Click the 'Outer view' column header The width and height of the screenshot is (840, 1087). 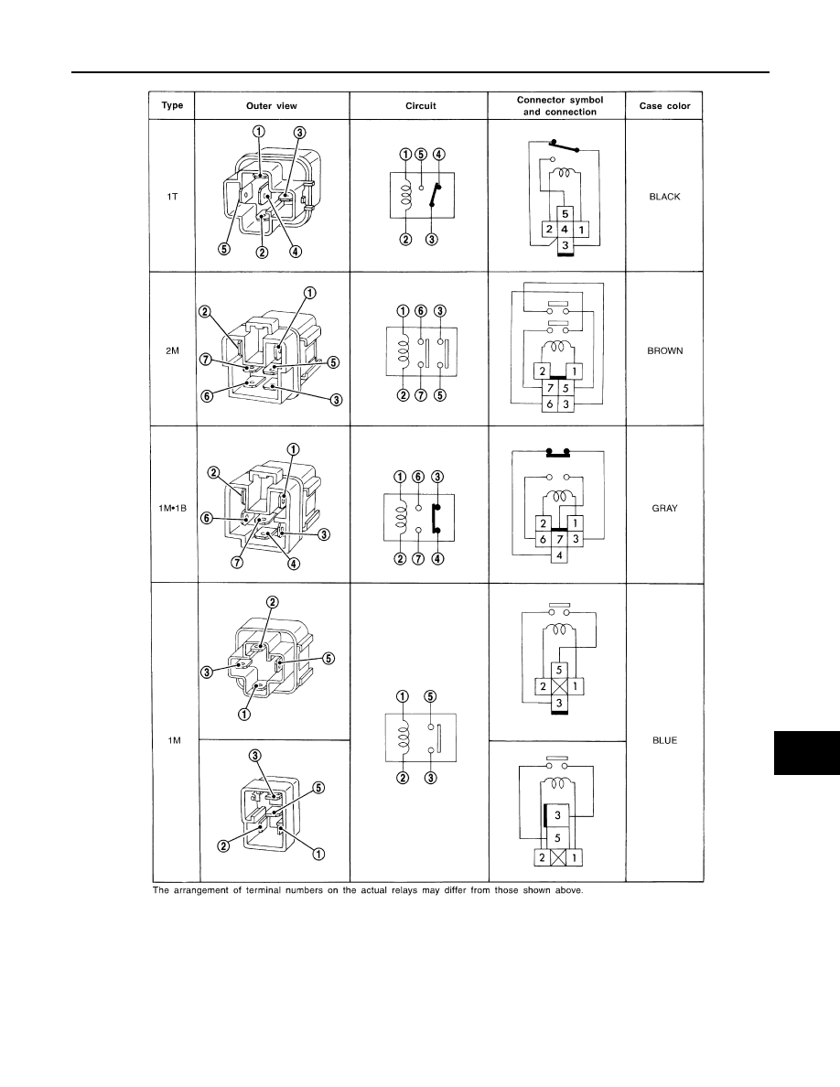(272, 106)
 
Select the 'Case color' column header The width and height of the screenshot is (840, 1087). (664, 106)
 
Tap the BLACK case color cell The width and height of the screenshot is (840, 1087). (664, 197)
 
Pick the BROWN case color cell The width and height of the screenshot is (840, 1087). (664, 350)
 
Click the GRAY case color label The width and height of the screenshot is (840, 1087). (664, 508)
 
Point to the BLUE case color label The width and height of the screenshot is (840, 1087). (664, 740)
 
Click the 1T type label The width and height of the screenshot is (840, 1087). (173, 197)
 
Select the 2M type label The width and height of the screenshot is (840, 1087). (173, 350)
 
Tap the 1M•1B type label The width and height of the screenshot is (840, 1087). (173, 508)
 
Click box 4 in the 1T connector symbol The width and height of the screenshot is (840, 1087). (565, 230)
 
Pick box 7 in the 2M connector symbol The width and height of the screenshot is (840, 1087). (550, 388)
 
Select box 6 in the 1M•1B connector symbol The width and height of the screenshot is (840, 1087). (544, 539)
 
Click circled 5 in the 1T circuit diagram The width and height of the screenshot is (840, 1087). (422, 154)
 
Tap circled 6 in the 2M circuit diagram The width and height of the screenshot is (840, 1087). (421, 310)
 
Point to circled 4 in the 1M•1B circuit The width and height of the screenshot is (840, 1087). (437, 559)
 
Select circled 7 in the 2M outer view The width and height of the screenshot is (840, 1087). (206, 359)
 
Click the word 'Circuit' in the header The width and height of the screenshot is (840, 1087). (421, 106)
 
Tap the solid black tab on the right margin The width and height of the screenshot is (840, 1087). (807, 752)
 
